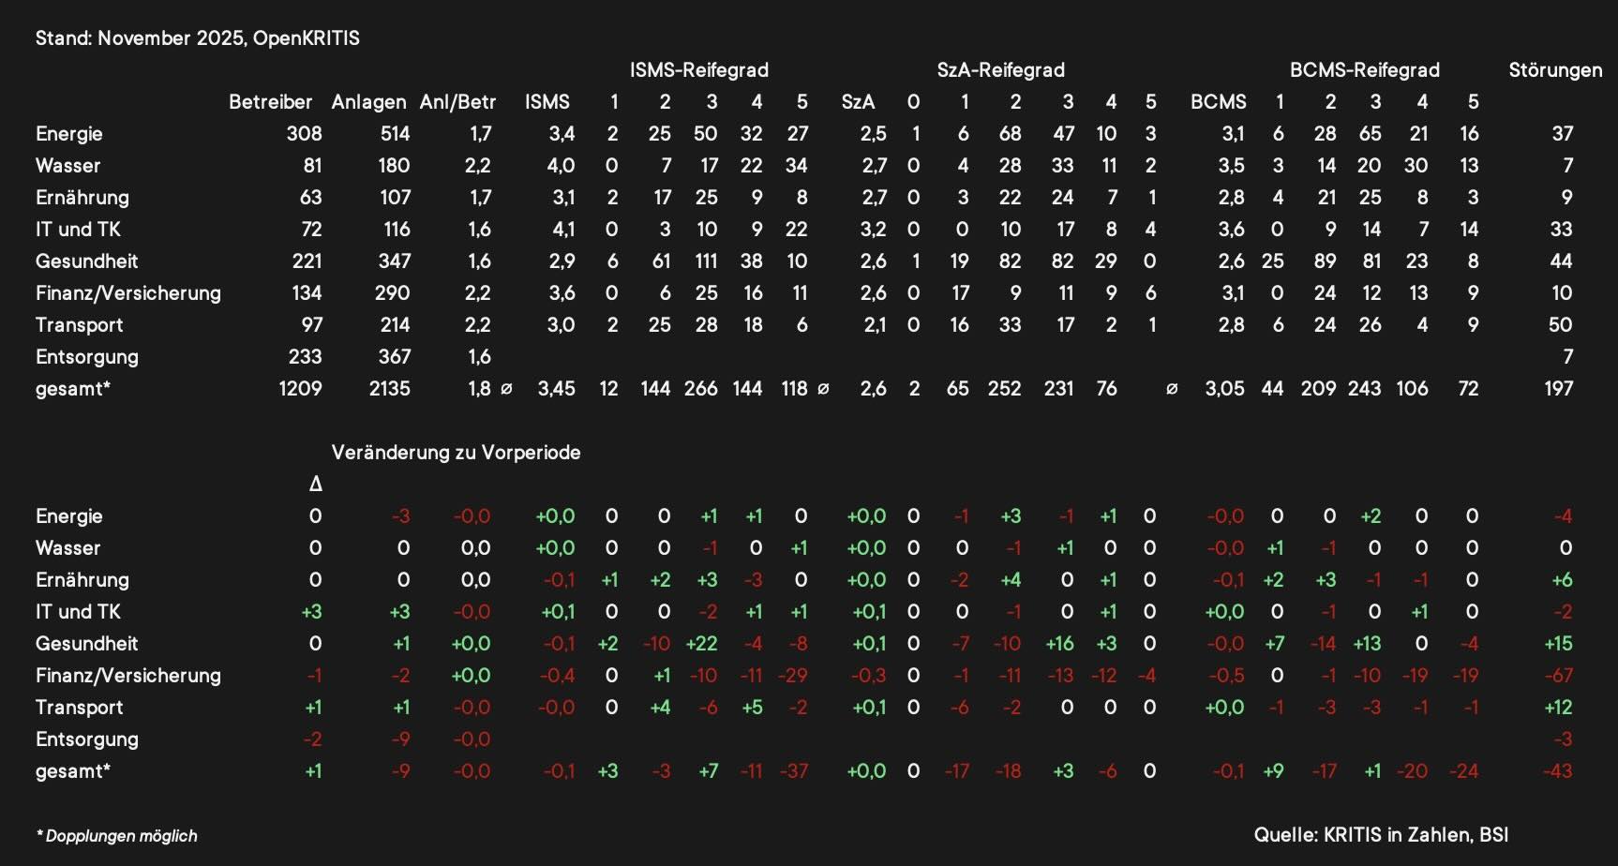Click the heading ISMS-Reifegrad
(x=698, y=70)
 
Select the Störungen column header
(x=1555, y=70)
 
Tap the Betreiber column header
(x=270, y=102)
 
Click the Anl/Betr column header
(x=457, y=102)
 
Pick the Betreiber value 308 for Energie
(x=304, y=134)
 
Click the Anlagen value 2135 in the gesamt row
(x=389, y=389)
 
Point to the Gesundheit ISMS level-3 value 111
(x=706, y=261)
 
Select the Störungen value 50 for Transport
(x=1560, y=325)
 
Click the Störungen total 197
(x=1558, y=389)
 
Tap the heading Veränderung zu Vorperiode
(x=456, y=453)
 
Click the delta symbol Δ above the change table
(x=316, y=485)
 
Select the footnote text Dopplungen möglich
(x=121, y=836)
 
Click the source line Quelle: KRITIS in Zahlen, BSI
(x=1381, y=835)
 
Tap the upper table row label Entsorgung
(x=86, y=357)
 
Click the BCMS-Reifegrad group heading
(x=1364, y=70)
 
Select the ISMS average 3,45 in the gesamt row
(x=556, y=389)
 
